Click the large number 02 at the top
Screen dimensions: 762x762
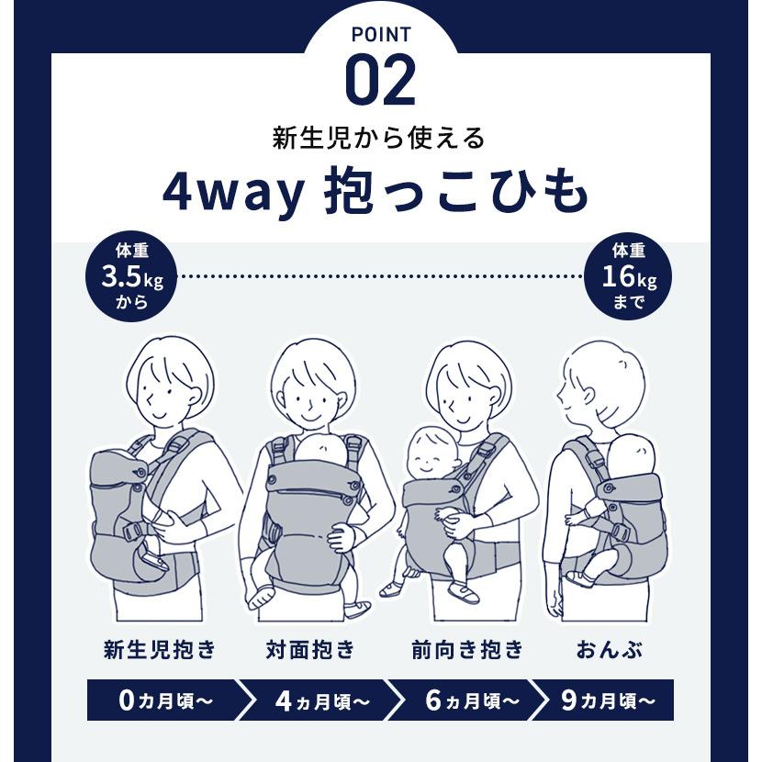(x=380, y=82)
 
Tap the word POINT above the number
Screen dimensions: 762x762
(x=380, y=36)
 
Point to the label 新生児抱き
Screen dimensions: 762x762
(x=159, y=651)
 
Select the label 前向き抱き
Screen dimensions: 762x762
(x=467, y=651)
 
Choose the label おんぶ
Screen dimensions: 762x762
(x=609, y=651)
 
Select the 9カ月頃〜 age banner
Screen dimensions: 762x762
(x=607, y=700)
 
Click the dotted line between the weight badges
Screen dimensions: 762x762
(x=380, y=275)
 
